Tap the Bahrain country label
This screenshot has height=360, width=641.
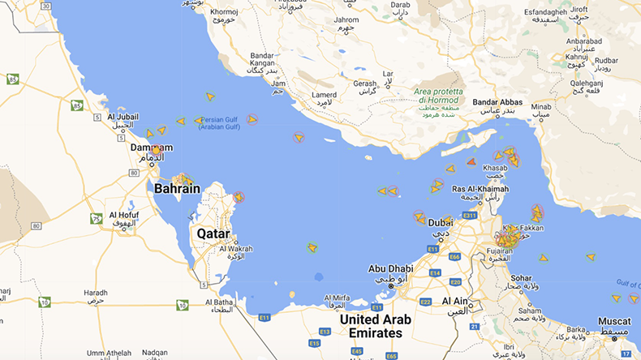click(177, 189)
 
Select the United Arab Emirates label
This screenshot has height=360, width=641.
click(376, 326)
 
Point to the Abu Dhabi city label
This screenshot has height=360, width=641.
click(389, 269)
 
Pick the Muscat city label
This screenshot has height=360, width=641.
click(614, 321)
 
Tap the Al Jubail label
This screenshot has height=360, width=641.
click(123, 116)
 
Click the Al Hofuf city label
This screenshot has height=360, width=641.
click(123, 216)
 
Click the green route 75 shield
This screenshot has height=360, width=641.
click(97, 219)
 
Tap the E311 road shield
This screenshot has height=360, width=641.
click(469, 216)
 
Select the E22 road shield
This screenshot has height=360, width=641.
click(425, 302)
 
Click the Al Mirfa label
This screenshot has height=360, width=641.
click(337, 298)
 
